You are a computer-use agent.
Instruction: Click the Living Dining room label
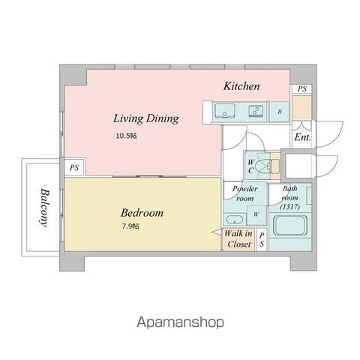tap(145, 118)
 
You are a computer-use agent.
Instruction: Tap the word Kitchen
tap(241, 87)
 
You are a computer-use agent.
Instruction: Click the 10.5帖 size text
tap(126, 136)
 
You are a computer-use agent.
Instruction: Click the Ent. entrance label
tap(302, 138)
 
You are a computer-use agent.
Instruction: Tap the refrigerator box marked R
tap(280, 112)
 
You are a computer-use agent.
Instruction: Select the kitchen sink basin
tap(225, 112)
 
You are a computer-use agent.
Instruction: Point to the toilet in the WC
tap(262, 165)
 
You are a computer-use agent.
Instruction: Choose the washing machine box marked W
tap(256, 214)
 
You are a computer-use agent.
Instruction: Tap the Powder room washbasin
tap(234, 220)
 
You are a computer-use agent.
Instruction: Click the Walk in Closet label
tap(238, 239)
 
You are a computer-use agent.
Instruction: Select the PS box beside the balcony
tap(74, 168)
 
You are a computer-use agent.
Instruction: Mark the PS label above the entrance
tap(301, 89)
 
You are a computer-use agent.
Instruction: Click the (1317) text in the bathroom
tap(292, 206)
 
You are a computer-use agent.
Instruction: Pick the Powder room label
tap(244, 194)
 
